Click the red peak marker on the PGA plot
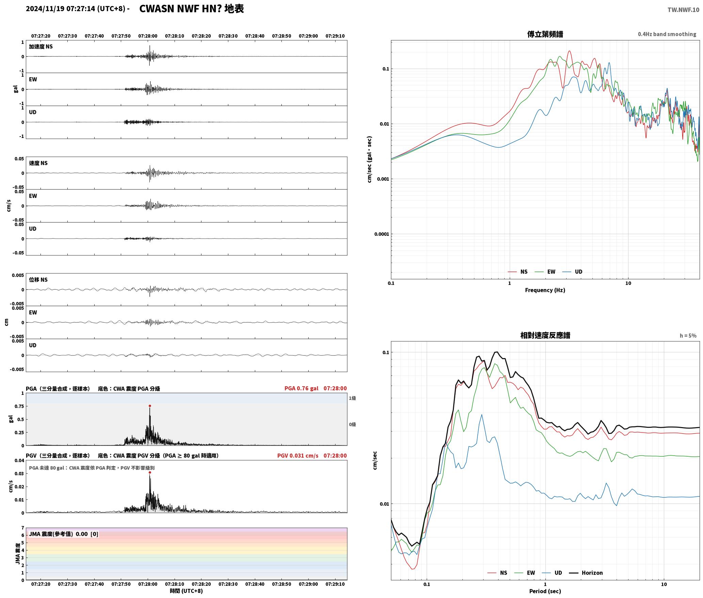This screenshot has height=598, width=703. coord(150,406)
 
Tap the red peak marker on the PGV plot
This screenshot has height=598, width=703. coord(150,472)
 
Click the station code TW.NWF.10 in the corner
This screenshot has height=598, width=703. coord(683,10)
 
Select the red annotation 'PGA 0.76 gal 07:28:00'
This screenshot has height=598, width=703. coord(315,388)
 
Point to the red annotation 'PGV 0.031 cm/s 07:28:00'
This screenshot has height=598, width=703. coord(312,456)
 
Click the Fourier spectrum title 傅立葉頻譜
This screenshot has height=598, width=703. coord(545,34)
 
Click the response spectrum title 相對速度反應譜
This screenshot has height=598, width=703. coord(545,335)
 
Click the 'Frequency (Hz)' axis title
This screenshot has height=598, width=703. coord(545,290)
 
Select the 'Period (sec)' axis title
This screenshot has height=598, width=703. coord(545,591)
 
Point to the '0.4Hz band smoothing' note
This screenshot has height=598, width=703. coord(667,34)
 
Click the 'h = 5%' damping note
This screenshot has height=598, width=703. coord(688,336)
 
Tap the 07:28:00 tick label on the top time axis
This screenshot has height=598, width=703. coord(148,36)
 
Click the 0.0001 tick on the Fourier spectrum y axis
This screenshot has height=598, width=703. coord(381,234)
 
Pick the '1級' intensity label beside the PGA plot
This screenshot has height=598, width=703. coord(352,398)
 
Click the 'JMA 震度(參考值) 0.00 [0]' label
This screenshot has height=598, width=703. coord(64,534)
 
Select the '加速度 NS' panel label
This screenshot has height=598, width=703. coord(41,47)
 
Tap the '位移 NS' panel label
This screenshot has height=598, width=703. coord(38,280)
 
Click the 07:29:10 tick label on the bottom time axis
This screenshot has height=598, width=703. coord(335,584)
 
